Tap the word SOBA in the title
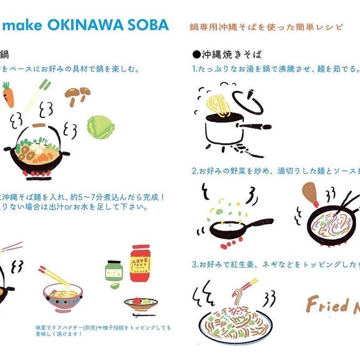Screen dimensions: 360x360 (x=151, y=25)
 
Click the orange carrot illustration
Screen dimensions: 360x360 (x=8, y=94)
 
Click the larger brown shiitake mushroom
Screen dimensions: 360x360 (x=73, y=94)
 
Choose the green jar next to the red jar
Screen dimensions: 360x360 (x=113, y=272)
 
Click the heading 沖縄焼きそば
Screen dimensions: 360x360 (x=230, y=54)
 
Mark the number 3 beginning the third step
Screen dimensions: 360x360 (x=194, y=264)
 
